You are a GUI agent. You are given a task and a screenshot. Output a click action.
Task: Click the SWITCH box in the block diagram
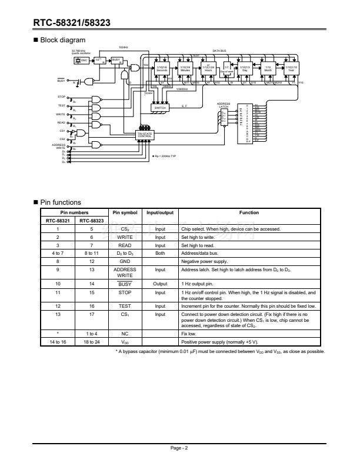[161, 108]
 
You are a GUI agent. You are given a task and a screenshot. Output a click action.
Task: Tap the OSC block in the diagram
[84, 60]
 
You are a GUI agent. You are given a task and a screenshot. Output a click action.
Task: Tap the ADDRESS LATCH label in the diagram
[224, 105]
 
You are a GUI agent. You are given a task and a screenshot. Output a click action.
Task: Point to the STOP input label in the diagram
[61, 96]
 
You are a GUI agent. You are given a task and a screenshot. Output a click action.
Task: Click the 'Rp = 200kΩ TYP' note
[164, 157]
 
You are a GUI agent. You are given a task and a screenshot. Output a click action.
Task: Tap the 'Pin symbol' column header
[125, 212]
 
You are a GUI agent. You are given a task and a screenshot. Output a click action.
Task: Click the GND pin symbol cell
[125, 259]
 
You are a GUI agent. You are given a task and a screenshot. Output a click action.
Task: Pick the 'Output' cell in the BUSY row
[160, 282]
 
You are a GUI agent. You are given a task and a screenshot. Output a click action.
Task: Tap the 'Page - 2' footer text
[179, 448]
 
